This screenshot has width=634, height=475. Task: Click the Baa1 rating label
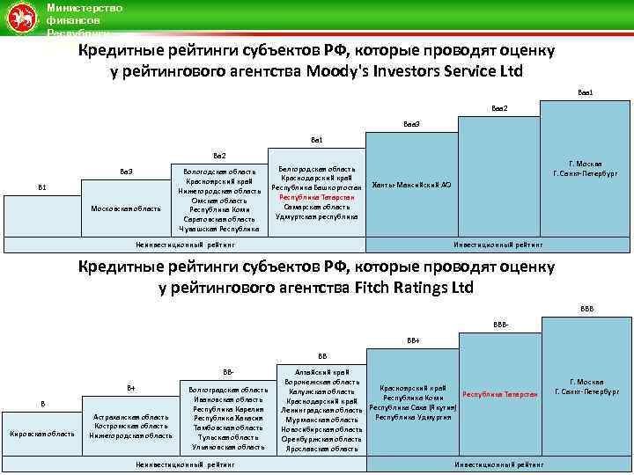point(586,91)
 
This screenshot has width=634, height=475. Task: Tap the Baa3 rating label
point(411,124)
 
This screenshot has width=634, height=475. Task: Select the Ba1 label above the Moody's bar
point(317,140)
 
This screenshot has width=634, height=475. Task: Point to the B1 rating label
point(42,187)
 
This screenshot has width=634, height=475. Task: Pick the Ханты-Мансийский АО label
point(412,185)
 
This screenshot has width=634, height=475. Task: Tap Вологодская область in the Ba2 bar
point(219,172)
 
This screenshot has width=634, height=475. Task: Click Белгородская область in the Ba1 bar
point(316,169)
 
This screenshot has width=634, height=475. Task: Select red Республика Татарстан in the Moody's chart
point(316,197)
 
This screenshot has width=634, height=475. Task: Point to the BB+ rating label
point(413,340)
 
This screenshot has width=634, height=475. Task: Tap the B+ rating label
point(131,387)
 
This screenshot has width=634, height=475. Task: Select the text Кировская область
point(42,434)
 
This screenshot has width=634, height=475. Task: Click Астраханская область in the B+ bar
point(131,417)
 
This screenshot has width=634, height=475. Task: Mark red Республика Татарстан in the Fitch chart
point(500,394)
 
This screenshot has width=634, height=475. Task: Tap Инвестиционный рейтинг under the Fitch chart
point(498,464)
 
